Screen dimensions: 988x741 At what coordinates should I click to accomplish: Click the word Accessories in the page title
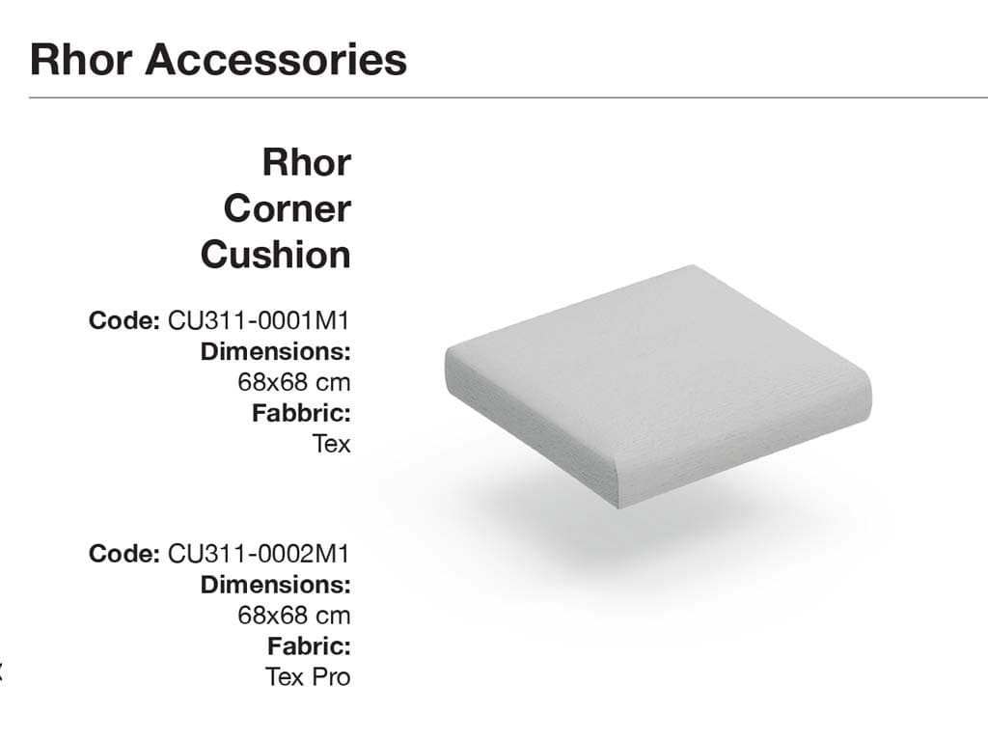tap(276, 60)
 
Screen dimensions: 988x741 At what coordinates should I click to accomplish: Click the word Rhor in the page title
tap(81, 60)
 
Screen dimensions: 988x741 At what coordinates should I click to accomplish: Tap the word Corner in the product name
tap(288, 208)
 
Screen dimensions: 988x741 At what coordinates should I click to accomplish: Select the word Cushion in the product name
tap(275, 255)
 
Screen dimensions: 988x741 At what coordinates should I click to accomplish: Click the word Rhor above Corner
tap(306, 162)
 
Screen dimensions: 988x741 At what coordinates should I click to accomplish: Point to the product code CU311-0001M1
tap(259, 320)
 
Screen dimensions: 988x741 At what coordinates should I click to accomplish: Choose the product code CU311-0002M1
tap(259, 554)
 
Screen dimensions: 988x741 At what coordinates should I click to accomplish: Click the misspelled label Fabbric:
tap(301, 413)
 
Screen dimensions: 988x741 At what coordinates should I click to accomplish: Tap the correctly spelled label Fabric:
tap(309, 646)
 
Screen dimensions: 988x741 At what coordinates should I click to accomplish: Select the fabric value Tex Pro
tap(308, 677)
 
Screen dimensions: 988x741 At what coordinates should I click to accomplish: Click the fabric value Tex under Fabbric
tap(331, 444)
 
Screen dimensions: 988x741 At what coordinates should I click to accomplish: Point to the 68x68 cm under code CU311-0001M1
tap(293, 382)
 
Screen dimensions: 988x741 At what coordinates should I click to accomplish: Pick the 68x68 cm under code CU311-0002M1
tap(293, 616)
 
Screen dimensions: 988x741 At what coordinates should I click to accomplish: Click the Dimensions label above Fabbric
tap(275, 351)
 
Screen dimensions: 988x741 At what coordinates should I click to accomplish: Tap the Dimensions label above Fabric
tap(275, 585)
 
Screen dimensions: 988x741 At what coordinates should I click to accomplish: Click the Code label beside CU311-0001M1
tap(124, 320)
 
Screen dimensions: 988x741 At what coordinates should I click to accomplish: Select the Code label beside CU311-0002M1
tap(124, 554)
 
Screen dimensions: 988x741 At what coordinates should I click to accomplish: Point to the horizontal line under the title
tap(508, 97)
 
